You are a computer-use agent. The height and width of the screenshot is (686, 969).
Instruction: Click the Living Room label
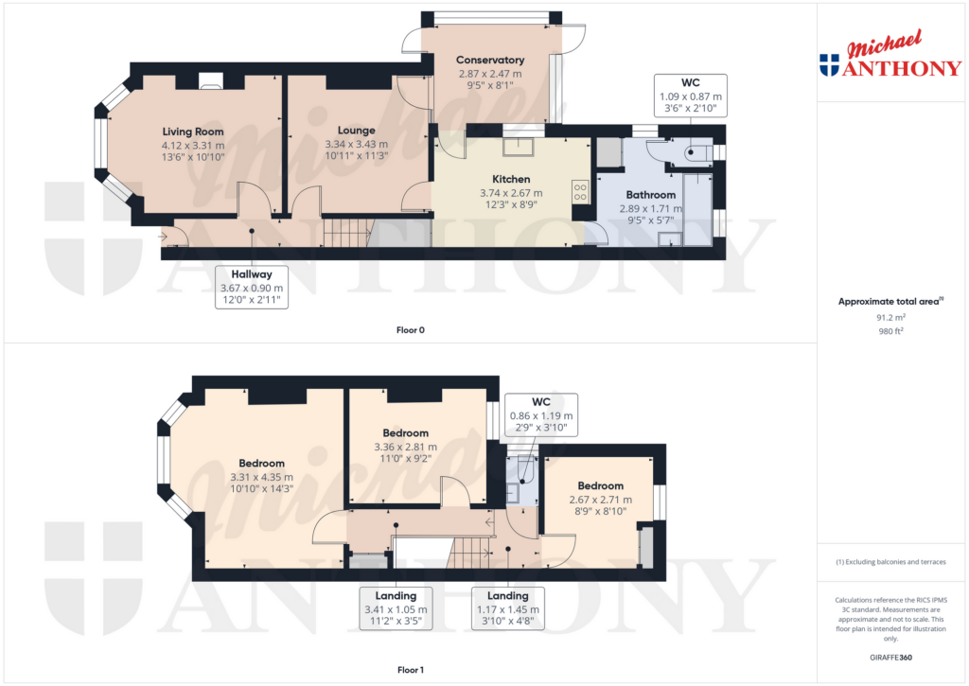point(193,132)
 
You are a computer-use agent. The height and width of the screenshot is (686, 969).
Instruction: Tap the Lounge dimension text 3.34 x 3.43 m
point(356,145)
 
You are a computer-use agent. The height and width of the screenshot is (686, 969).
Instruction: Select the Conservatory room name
point(489,60)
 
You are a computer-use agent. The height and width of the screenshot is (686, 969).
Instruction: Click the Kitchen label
point(510,179)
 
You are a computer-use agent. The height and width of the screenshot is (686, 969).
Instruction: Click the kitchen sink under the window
point(518,146)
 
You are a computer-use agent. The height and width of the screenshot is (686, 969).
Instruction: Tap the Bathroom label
point(650,195)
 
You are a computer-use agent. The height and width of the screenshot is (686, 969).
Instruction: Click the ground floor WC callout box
point(690,96)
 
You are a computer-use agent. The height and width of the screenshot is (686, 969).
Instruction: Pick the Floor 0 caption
point(411,330)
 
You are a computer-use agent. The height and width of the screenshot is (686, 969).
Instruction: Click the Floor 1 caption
point(411,669)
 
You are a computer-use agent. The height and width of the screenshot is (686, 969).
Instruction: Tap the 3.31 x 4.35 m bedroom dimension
point(261,477)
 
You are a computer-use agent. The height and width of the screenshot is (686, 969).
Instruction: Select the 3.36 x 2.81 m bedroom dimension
point(405,448)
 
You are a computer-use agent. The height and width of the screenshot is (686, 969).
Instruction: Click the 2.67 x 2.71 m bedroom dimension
point(600,501)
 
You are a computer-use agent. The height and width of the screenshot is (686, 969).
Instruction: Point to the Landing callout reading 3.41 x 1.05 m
point(396,607)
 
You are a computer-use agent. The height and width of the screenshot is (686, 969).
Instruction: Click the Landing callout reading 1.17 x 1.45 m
point(508,607)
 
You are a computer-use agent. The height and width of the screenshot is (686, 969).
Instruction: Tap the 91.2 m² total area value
point(890,318)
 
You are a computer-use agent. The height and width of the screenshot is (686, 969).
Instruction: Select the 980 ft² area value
point(890,331)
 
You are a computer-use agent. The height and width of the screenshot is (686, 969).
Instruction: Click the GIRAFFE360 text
point(891,657)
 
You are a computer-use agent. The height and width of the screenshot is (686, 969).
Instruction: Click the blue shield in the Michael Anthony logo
point(829,65)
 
